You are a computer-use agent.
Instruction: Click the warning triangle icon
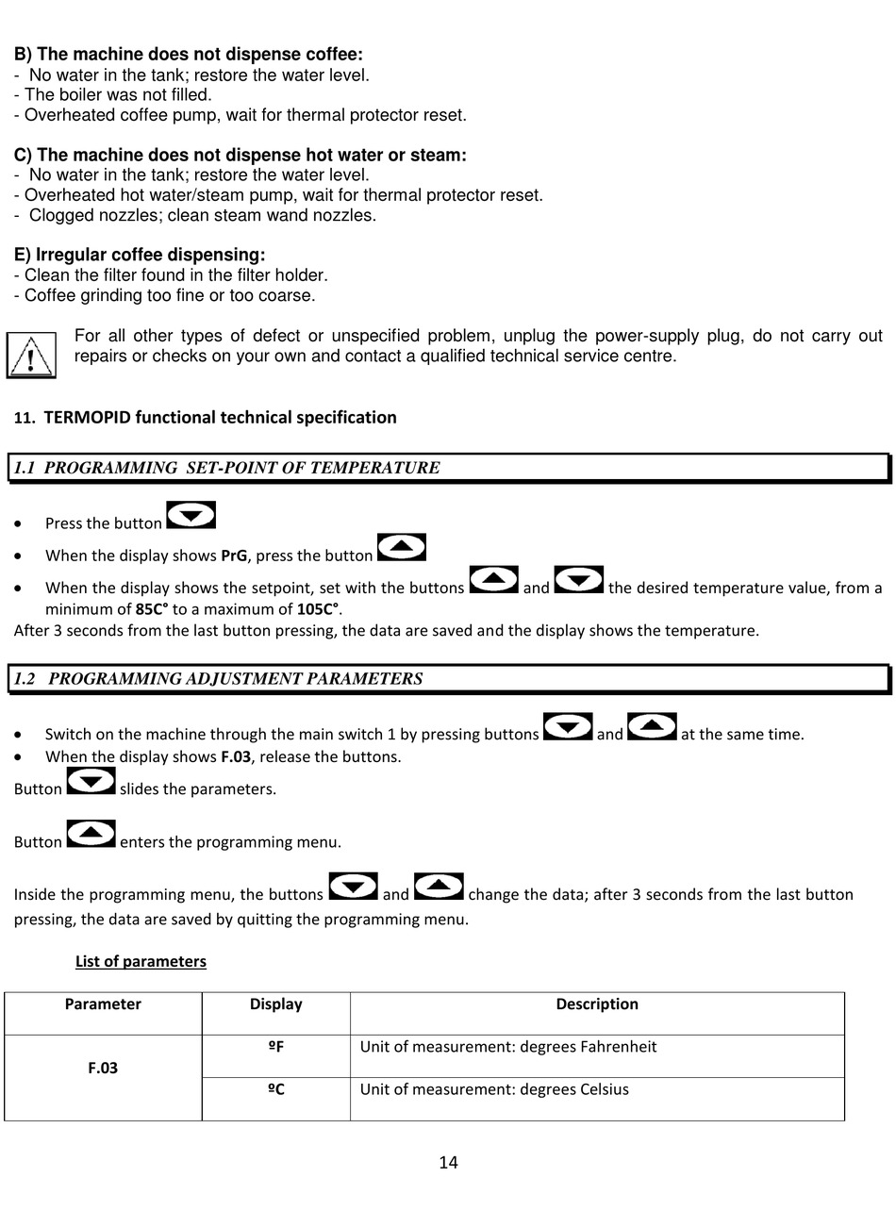coord(31,356)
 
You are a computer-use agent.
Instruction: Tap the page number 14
coord(448,1162)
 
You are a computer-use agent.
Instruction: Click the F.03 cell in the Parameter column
coord(103,1068)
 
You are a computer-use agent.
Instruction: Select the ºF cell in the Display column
coord(275,1047)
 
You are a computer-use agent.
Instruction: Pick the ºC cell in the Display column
coord(275,1089)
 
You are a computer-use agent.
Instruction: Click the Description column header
coord(596,1004)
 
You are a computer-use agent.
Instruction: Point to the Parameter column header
coord(103,1004)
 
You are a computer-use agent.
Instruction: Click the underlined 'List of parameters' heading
coord(141,961)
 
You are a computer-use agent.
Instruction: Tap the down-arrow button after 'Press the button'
coord(191,515)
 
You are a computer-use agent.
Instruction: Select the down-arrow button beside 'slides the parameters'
coord(91,781)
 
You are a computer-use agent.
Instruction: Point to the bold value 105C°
coord(319,608)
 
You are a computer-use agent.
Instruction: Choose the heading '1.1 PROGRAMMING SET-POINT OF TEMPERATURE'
coord(227,468)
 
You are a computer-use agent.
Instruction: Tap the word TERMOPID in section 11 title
coord(87,418)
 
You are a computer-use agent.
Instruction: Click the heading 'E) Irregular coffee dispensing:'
coord(140,255)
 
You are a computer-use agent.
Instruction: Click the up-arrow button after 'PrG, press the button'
coord(402,547)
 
